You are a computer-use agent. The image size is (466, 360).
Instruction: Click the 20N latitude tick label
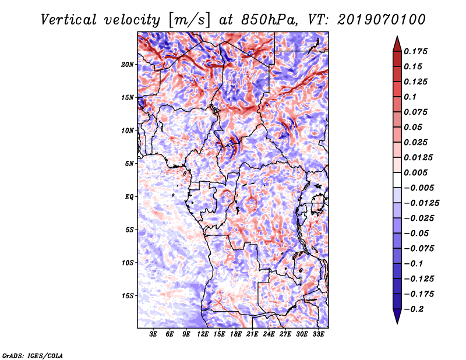(128, 65)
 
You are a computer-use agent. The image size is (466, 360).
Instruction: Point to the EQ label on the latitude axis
(129, 197)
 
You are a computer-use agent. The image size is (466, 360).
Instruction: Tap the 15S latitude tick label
(128, 296)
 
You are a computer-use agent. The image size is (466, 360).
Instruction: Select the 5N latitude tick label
(129, 164)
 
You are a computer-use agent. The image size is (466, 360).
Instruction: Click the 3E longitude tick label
(153, 334)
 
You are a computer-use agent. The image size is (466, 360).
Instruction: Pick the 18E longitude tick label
(236, 334)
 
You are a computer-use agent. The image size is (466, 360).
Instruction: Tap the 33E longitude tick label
(318, 334)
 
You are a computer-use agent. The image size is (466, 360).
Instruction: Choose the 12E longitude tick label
(203, 334)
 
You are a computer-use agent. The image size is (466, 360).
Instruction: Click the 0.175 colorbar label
(415, 51)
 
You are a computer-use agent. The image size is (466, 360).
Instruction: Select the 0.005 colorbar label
(415, 172)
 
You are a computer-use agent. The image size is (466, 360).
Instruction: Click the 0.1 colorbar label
(410, 97)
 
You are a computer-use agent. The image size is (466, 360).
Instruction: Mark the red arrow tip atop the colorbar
(397, 36)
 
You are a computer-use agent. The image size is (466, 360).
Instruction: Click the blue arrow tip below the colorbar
(397, 323)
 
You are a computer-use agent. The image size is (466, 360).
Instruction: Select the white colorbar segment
(397, 180)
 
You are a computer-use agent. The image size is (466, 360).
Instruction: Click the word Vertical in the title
(69, 20)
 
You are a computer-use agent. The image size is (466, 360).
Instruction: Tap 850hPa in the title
(269, 20)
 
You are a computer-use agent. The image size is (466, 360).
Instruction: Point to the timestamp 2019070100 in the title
(382, 20)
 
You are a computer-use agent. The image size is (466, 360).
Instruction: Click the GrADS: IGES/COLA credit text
(33, 355)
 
